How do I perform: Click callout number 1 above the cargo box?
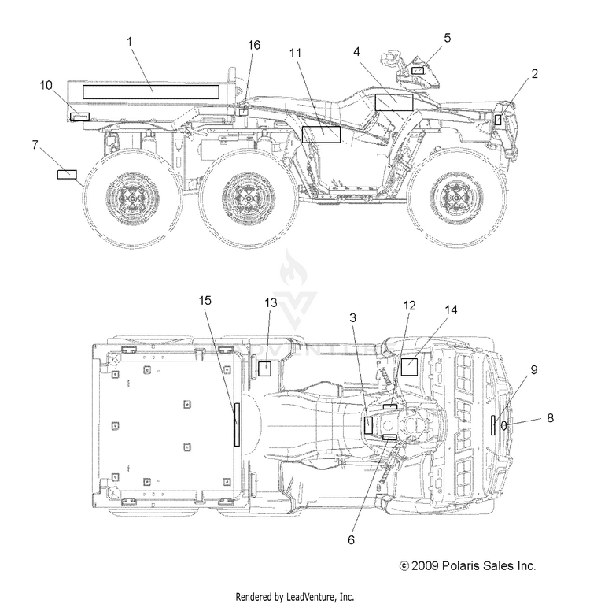[x=130, y=42]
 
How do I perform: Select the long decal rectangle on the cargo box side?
[x=151, y=92]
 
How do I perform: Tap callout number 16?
[x=254, y=45]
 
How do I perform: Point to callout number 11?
[x=295, y=53]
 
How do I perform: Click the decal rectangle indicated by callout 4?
[x=394, y=102]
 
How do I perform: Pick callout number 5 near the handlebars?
[x=447, y=38]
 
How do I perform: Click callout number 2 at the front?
[x=535, y=73]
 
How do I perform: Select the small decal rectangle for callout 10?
[x=79, y=117]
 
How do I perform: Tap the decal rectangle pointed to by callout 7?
[x=67, y=175]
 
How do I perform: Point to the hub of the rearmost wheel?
[x=132, y=198]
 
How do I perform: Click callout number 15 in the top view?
[x=205, y=301]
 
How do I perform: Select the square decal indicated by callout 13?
[x=264, y=369]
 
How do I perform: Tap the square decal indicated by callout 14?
[x=410, y=367]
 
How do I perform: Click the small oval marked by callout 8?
[x=503, y=425]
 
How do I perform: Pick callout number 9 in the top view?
[x=534, y=370]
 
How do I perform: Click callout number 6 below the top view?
[x=351, y=540]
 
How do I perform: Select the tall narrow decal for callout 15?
[x=237, y=425]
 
